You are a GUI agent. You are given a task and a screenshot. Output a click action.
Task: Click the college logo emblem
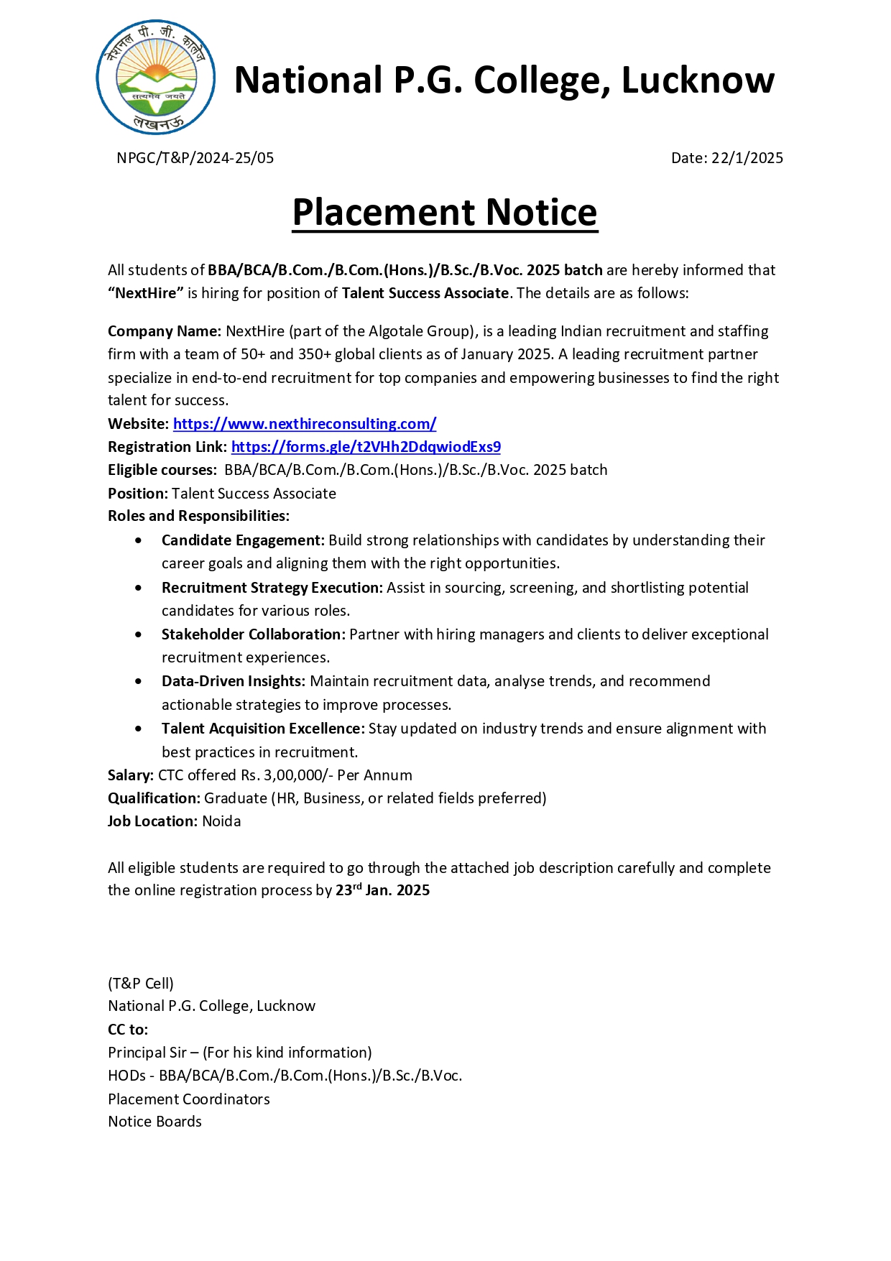156,78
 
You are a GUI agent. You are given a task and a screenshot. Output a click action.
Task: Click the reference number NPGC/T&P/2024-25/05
195,158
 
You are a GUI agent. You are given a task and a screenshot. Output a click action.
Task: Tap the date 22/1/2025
747,158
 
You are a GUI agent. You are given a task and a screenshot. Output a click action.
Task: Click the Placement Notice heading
445,213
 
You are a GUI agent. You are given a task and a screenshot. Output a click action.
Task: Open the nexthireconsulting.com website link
305,424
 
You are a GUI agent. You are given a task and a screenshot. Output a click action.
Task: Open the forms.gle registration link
366,447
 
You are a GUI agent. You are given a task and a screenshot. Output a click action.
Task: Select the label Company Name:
165,331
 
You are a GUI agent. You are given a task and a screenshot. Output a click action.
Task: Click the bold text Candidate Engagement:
243,540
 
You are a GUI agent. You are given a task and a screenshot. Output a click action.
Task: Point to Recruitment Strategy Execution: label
272,588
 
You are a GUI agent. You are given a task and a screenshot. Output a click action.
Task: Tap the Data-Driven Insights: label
234,681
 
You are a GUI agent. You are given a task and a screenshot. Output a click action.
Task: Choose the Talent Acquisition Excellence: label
263,729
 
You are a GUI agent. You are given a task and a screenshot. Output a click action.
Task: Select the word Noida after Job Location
221,821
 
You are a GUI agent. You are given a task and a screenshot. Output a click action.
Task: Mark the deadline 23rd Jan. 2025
382,890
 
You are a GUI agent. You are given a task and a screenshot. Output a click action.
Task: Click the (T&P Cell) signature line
141,984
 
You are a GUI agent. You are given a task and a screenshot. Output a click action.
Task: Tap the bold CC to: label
128,1030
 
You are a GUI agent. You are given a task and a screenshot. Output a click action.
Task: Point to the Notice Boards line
154,1122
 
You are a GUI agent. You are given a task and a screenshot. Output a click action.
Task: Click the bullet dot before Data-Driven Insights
138,682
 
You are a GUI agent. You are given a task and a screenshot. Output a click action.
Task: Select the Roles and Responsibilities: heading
198,516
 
